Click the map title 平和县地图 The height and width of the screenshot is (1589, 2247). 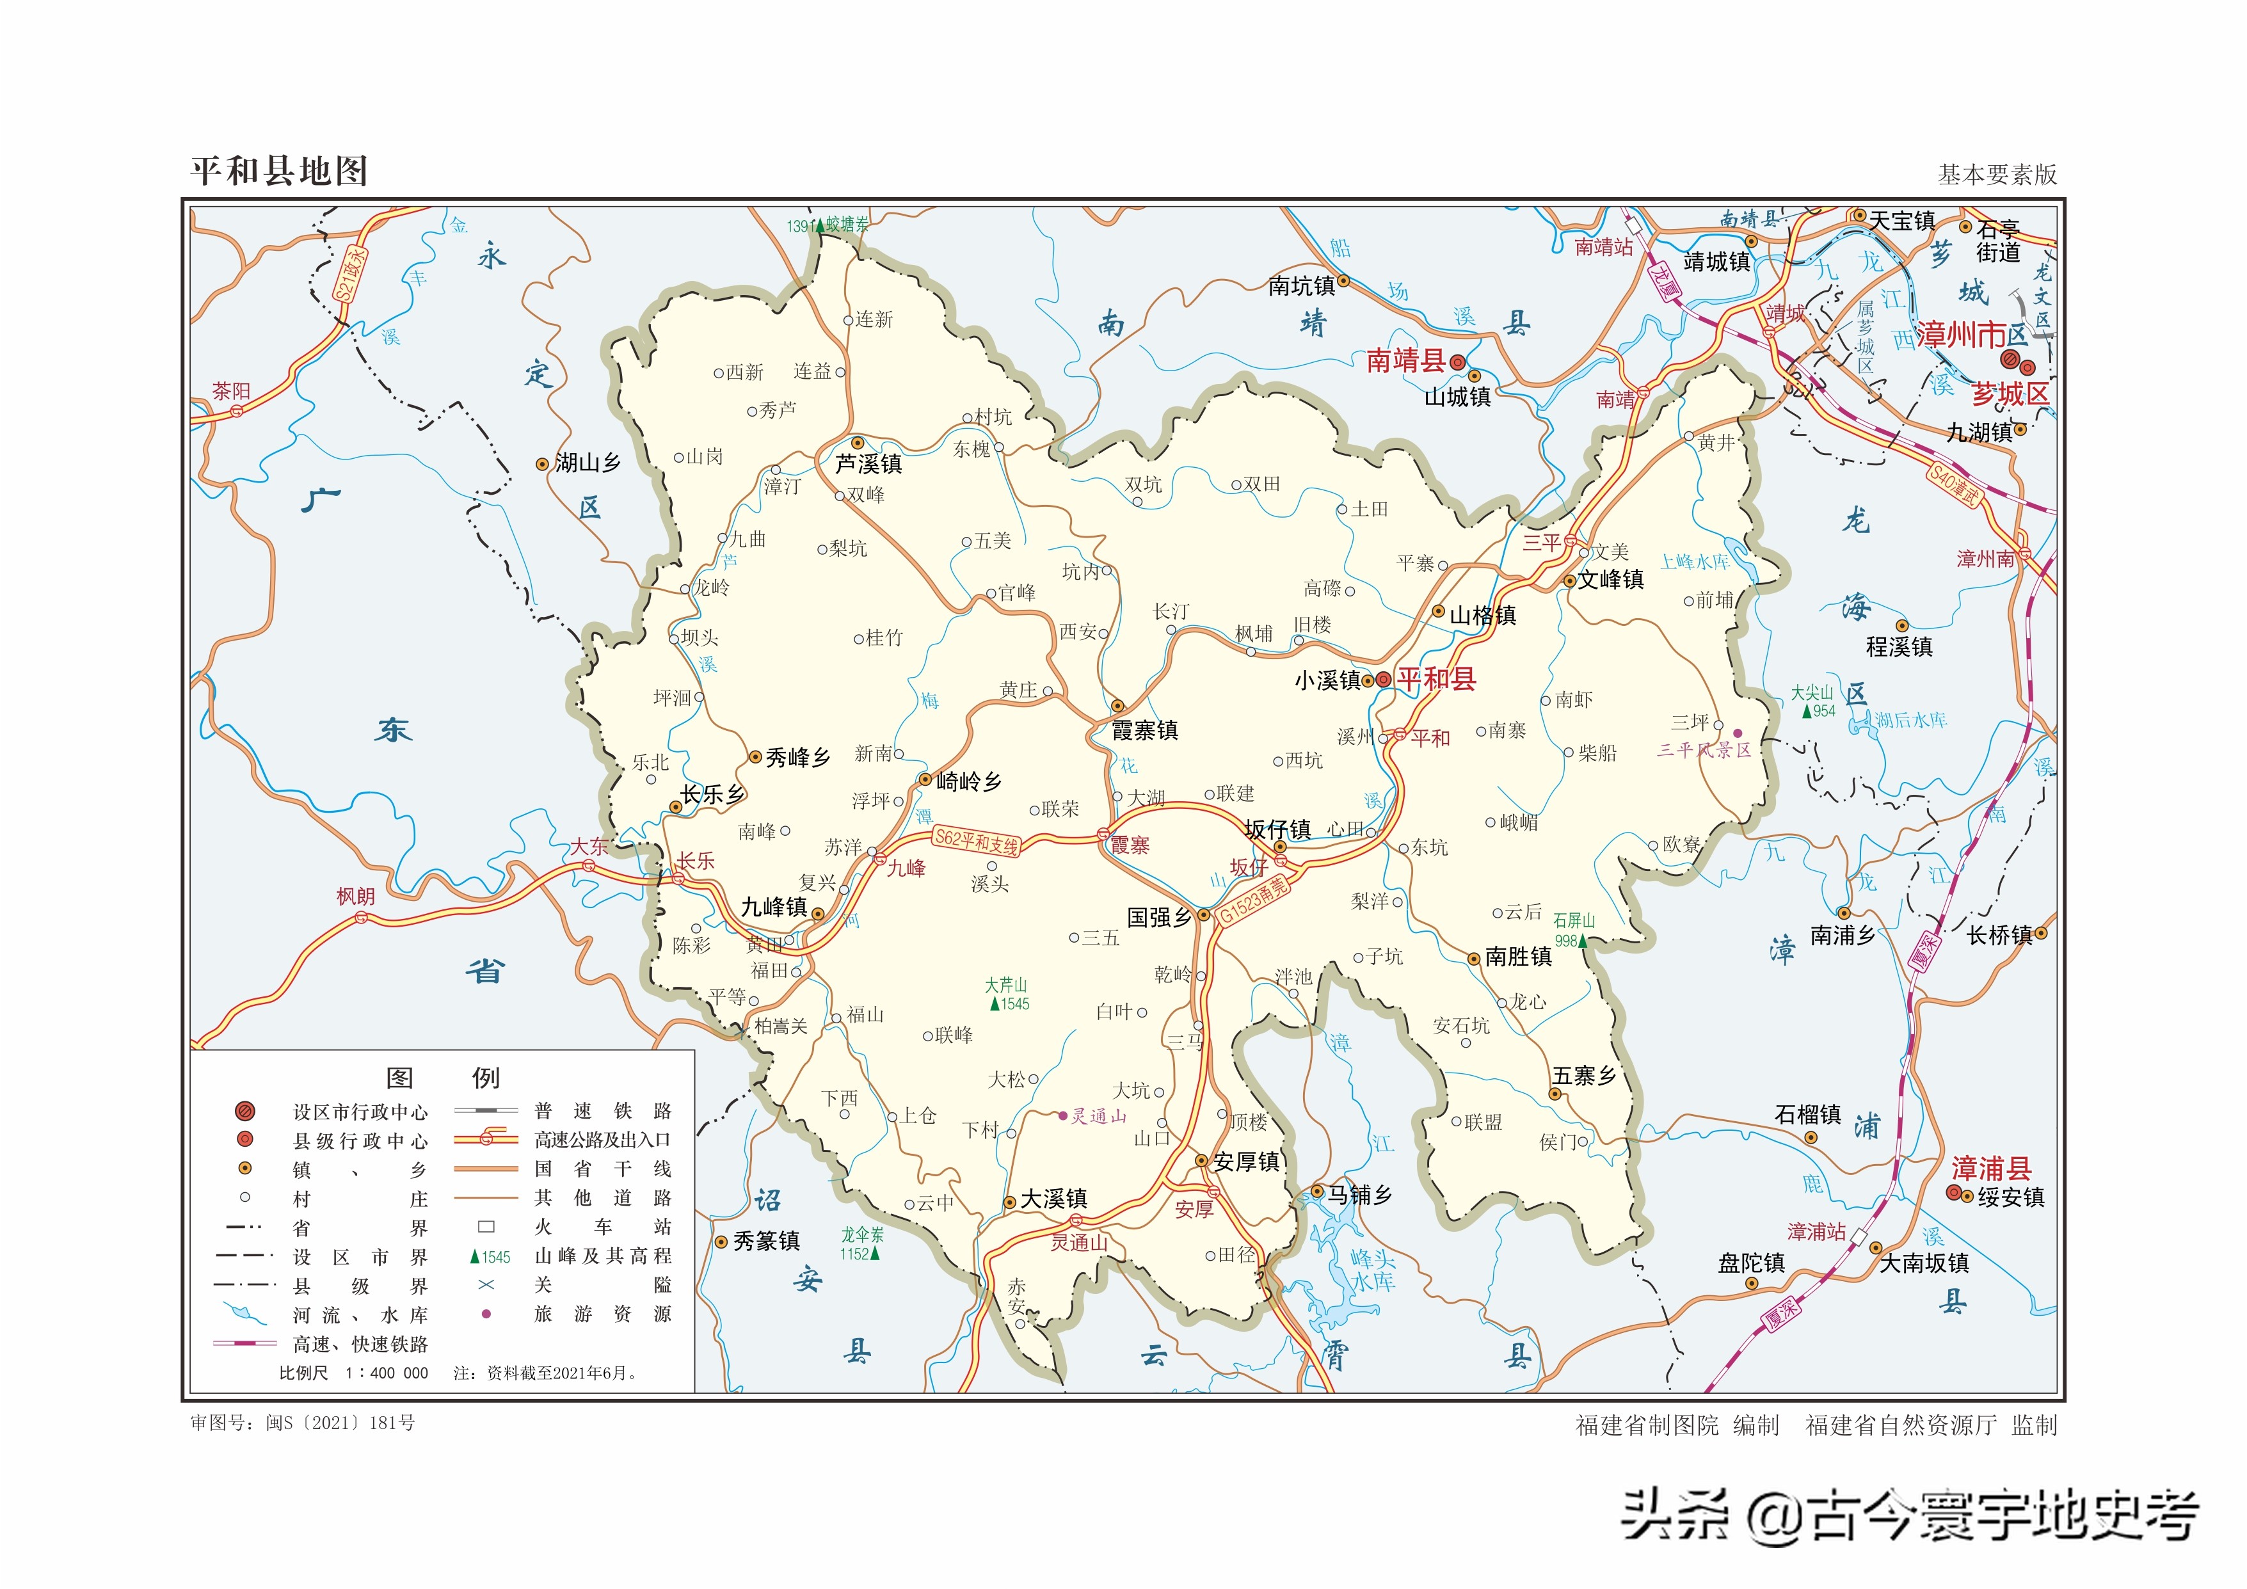click(x=279, y=172)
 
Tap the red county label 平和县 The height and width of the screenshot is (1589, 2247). click(x=1435, y=679)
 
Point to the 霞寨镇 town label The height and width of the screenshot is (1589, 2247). click(x=1144, y=730)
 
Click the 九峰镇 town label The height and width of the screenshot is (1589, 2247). click(x=774, y=907)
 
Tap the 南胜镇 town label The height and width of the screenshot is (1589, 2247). click(x=1518, y=957)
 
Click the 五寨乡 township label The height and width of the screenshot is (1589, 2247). click(x=1583, y=1075)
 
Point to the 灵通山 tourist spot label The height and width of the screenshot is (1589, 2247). click(x=1098, y=1117)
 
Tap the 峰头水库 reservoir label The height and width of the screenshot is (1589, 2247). click(x=1372, y=1269)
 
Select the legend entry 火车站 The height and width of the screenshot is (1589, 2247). click(x=602, y=1227)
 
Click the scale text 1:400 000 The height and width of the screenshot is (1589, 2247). click(x=387, y=1373)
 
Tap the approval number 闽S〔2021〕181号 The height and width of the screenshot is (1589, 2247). click(x=340, y=1423)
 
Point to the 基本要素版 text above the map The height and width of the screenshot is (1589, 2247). click(x=1997, y=174)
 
